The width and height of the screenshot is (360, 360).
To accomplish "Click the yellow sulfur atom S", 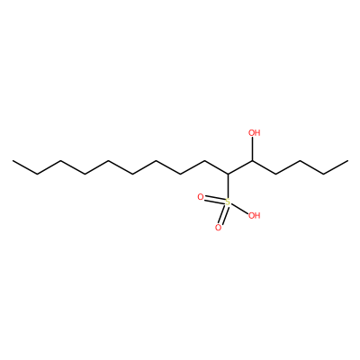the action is (228, 202).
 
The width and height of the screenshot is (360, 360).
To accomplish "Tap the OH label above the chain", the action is (255, 132).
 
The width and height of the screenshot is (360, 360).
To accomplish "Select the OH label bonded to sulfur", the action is (254, 215).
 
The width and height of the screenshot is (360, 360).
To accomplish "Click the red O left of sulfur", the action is (201, 197).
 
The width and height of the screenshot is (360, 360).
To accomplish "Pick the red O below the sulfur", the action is (218, 228).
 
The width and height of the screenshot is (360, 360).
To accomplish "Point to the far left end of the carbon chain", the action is (13, 161).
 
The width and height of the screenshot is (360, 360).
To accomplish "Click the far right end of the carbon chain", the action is (347, 161).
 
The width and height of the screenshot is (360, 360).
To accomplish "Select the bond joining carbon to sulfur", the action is (228, 186).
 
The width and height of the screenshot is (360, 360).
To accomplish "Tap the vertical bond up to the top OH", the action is (252, 148).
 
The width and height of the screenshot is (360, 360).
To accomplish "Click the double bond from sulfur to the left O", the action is (215, 200).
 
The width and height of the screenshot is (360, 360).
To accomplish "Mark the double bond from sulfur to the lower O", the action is (223, 215).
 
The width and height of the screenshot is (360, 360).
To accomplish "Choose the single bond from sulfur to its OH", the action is (239, 209).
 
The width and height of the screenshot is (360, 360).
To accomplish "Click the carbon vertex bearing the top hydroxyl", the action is (252, 161).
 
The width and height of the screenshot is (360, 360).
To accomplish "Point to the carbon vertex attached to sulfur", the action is (228, 174).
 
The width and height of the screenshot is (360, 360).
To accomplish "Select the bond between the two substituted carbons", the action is (240, 167).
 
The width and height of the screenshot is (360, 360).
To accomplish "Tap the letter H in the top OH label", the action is (257, 132).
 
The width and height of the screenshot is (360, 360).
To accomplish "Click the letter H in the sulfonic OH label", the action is (257, 215).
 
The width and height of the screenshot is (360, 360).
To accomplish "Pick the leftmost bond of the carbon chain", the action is (25, 167).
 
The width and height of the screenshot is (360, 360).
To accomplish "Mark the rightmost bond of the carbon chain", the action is (336, 167).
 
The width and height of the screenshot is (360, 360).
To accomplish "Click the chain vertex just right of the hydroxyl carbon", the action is (276, 174).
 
